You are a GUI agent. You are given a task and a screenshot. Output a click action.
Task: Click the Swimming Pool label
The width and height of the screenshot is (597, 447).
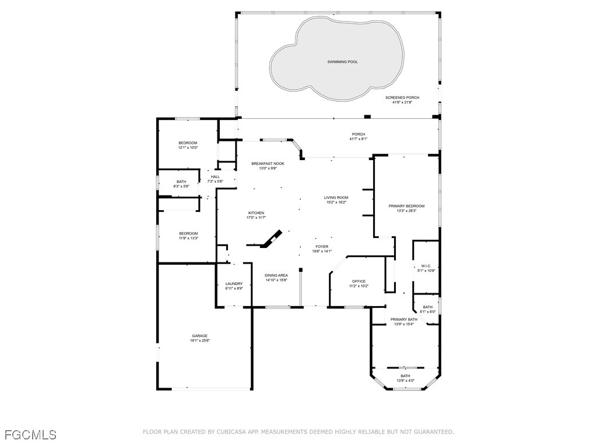pos(342,62)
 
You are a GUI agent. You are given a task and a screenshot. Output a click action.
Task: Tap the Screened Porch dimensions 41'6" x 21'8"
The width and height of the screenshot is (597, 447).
pos(402,102)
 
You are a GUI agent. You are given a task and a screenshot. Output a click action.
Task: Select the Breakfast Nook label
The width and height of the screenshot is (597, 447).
pos(268,164)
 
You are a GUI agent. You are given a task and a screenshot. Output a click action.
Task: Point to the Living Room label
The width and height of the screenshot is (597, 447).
pos(336,198)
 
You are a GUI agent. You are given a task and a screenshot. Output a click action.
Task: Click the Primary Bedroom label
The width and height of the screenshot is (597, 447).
pos(406,206)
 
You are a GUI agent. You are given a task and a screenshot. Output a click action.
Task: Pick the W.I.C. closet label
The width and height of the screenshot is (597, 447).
pos(426,266)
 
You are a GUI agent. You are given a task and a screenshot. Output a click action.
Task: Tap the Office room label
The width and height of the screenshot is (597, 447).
pos(359,281)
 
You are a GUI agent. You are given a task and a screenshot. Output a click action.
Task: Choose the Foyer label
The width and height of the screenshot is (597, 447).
pos(322,246)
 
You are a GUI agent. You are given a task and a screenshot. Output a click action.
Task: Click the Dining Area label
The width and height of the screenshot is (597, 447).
pos(276,275)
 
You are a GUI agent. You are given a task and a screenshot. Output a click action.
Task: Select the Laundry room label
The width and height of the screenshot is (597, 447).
pos(234,283)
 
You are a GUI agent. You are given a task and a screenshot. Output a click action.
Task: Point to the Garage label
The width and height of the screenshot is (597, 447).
pos(200,336)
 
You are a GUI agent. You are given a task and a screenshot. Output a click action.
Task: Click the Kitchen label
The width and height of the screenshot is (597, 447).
pos(256,213)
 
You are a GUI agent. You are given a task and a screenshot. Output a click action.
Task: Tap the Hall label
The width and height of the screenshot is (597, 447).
pos(215,177)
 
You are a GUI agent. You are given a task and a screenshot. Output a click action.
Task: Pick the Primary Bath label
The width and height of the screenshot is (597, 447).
pos(403,320)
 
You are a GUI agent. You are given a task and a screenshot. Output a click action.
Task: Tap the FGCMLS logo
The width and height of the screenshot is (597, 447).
pos(30,435)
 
